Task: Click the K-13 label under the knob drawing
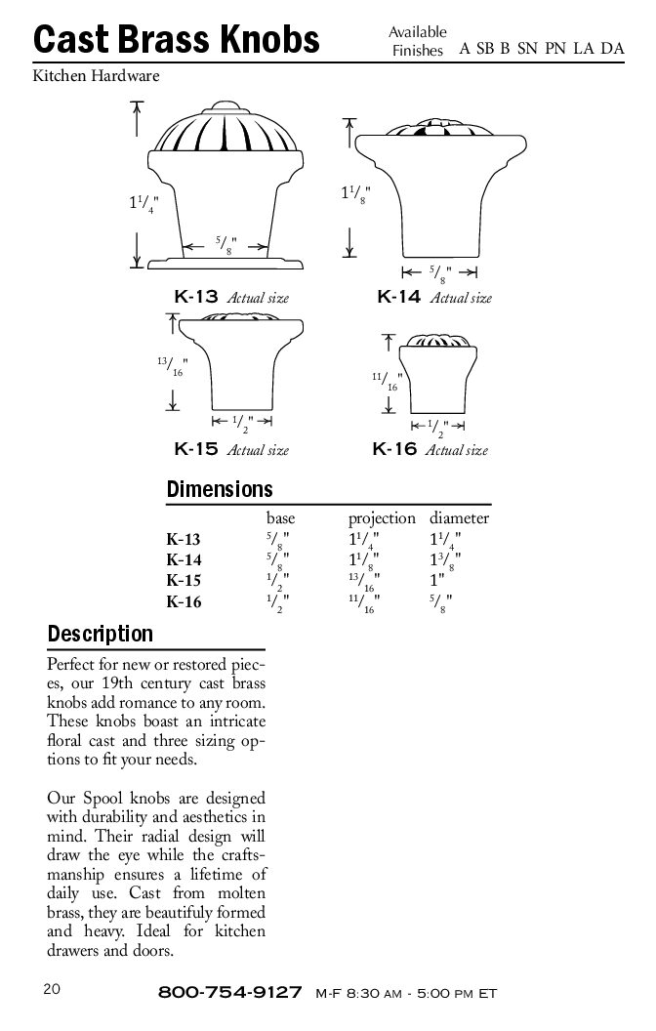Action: (x=194, y=297)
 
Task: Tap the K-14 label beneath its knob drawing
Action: (x=398, y=297)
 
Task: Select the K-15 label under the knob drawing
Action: (x=194, y=449)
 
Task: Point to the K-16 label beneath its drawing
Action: (x=395, y=449)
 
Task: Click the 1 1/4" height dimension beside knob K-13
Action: (x=143, y=204)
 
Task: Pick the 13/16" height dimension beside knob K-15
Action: (x=172, y=368)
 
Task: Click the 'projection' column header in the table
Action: (x=382, y=518)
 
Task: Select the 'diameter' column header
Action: (x=459, y=518)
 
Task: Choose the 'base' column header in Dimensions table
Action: (x=280, y=518)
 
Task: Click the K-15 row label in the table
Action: (x=184, y=581)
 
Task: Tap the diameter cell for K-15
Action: (x=438, y=581)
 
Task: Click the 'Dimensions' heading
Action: (x=220, y=489)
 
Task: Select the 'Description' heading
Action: (x=101, y=634)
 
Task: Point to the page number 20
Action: (x=52, y=988)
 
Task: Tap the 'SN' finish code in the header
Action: (x=528, y=49)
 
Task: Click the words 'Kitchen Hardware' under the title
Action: (x=96, y=75)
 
